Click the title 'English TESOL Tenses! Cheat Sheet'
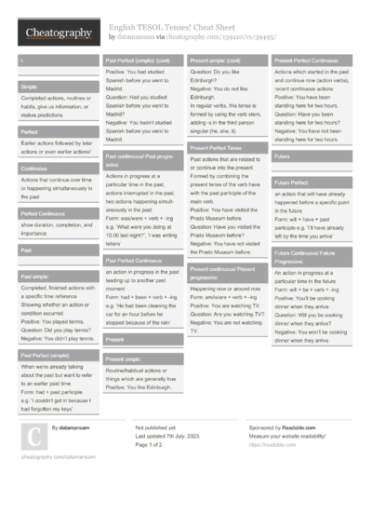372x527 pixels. click(x=176, y=27)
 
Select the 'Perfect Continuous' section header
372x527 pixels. click(x=41, y=213)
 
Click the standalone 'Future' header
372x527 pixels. click(x=283, y=156)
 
